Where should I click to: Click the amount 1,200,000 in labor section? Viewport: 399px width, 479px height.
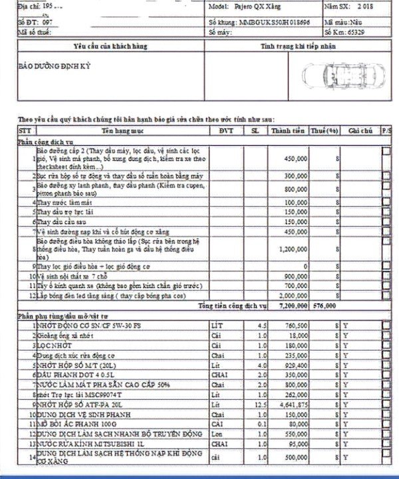click(x=293, y=248)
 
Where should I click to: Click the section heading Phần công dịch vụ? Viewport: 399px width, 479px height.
click(x=45, y=142)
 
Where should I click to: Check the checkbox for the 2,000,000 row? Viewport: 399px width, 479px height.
click(x=386, y=295)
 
